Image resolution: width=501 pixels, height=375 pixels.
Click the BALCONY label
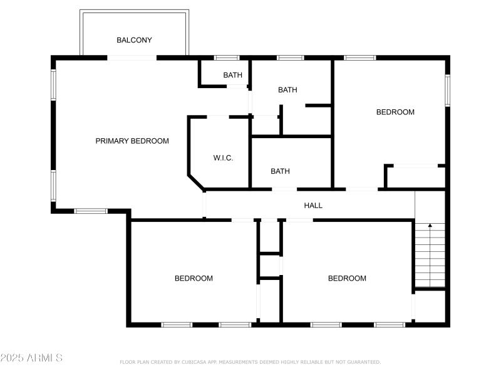point(134,40)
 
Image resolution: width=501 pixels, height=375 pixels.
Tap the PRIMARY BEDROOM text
point(132,141)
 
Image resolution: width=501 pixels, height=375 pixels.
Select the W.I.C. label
point(223,158)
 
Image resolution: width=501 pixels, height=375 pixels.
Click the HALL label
point(313,205)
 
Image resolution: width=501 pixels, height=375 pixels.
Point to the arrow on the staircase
point(430,225)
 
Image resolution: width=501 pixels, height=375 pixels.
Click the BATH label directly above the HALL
point(280,171)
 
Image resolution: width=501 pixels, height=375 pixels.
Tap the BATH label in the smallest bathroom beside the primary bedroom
point(233,76)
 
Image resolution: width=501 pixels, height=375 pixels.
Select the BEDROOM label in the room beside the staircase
point(347,279)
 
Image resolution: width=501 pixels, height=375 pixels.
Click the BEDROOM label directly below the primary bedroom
point(194,279)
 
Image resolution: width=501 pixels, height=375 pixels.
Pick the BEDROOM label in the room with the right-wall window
point(395,112)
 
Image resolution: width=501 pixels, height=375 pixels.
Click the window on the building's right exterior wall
point(447,91)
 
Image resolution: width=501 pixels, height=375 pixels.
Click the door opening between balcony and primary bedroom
point(132,57)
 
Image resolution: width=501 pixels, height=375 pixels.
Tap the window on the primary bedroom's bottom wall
point(91,211)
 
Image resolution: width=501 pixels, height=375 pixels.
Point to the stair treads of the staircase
point(430,256)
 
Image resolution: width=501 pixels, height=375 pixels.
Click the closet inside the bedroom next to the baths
point(415,177)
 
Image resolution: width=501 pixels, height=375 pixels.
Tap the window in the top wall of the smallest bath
point(227,58)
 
